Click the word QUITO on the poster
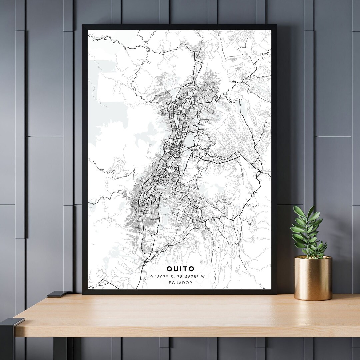(181, 269)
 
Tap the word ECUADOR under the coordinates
(181, 283)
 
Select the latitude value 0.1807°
(159, 276)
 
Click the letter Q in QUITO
(170, 269)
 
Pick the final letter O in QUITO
(192, 269)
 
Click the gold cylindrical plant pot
(313, 278)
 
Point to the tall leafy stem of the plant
(306, 230)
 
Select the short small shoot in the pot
(321, 248)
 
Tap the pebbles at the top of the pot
(313, 257)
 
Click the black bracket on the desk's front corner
(12, 322)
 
